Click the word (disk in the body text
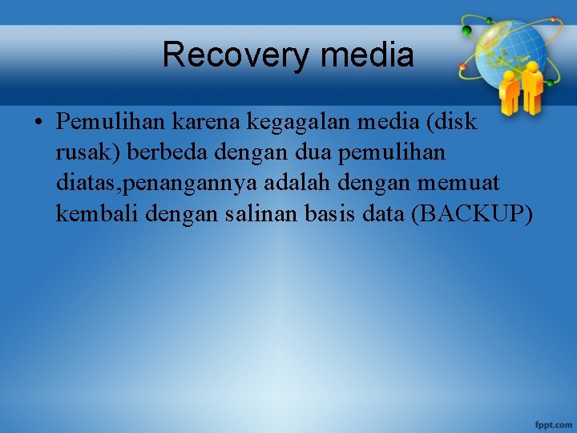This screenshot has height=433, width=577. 451,123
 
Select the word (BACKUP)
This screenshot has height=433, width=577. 471,214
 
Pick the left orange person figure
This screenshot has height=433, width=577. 510,92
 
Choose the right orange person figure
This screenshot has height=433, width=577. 531,88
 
